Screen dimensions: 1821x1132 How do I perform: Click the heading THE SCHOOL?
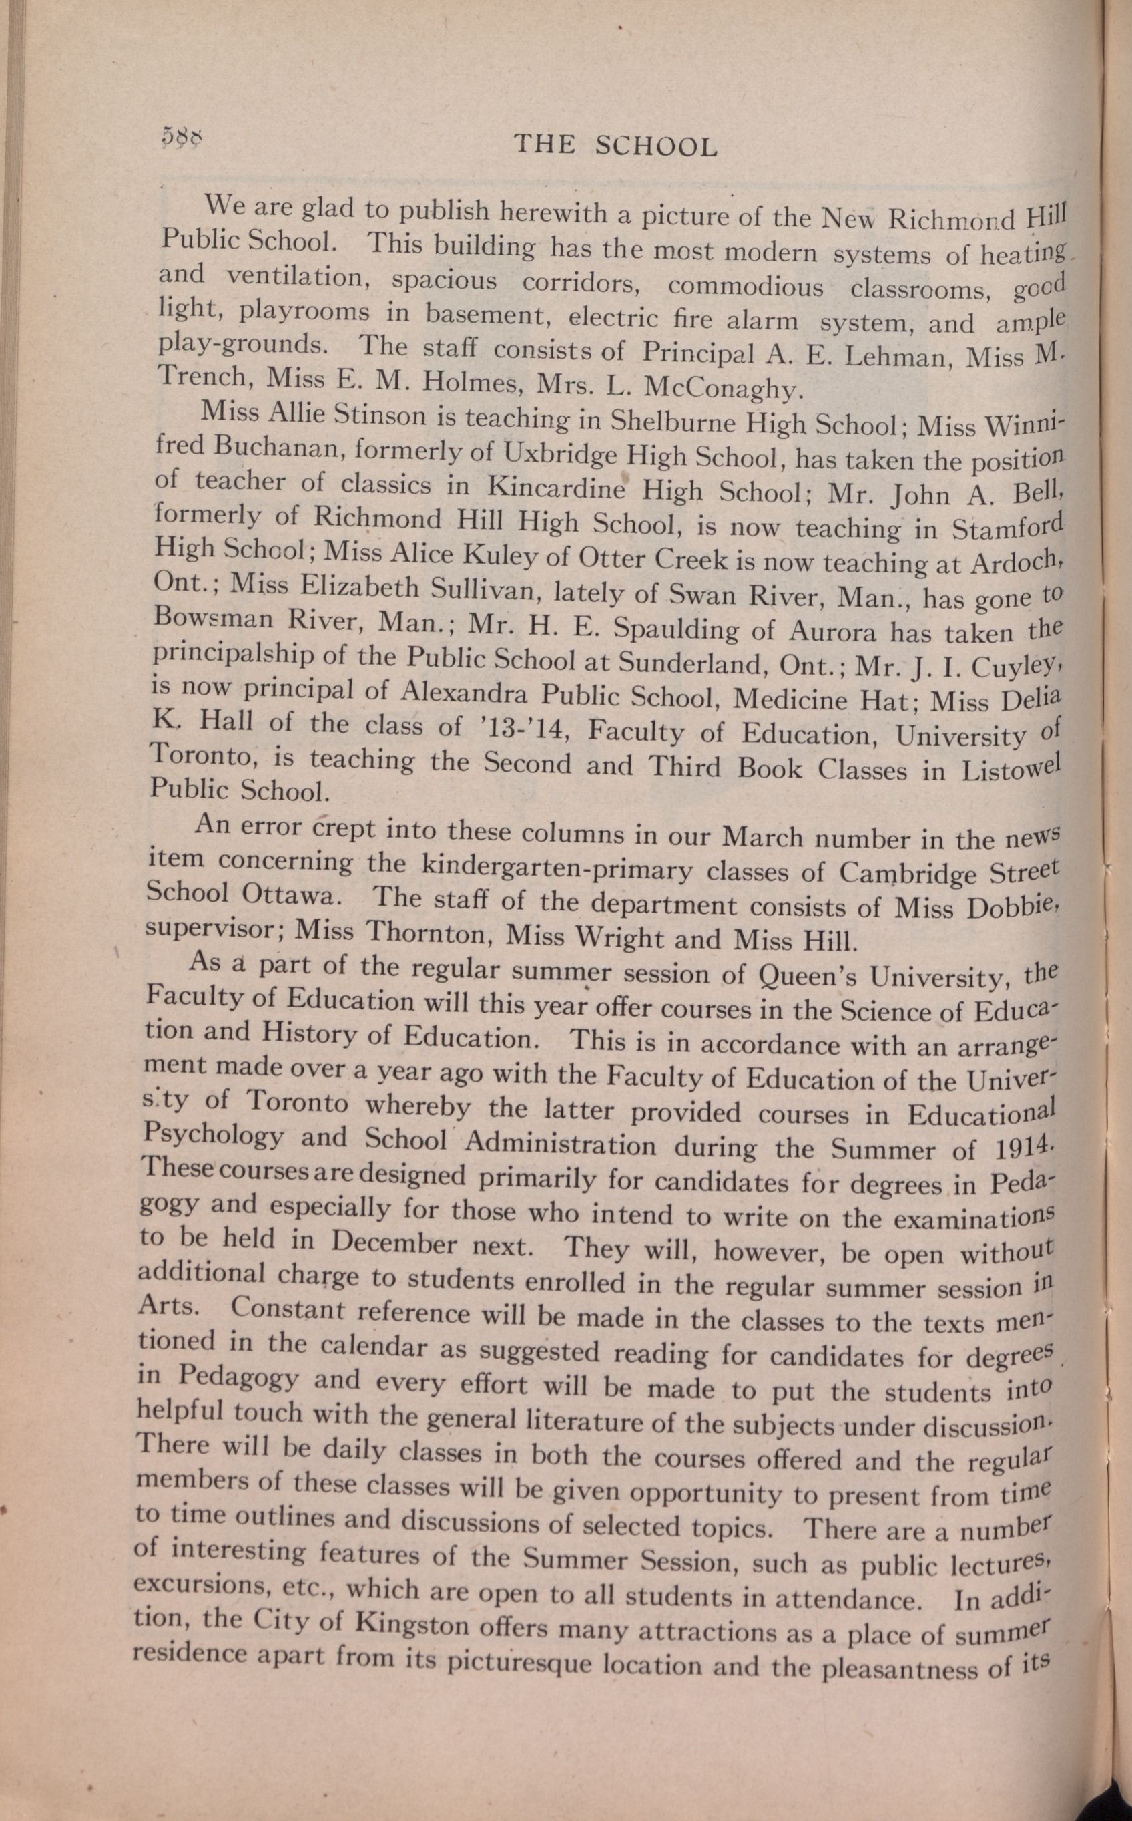point(615,146)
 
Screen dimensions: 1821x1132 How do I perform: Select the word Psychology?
point(212,1138)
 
